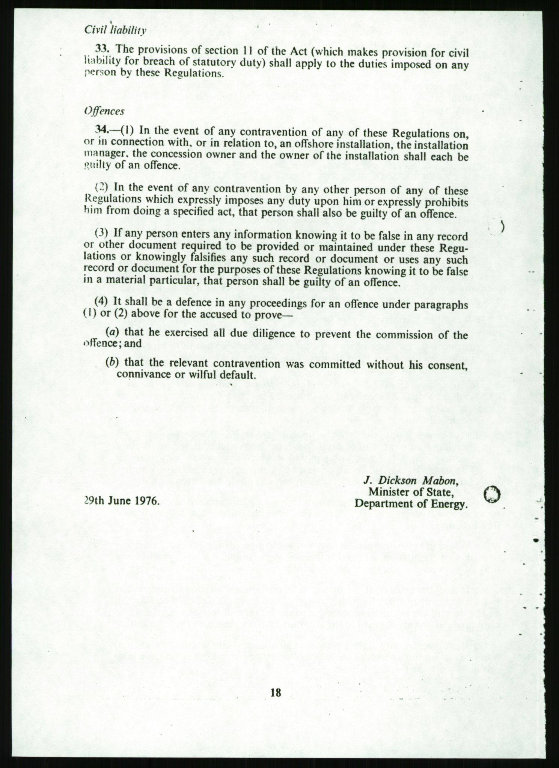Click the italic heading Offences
pos(104,111)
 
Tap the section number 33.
pos(101,49)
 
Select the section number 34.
pos(101,130)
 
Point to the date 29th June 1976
pos(122,501)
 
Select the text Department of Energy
pos(411,503)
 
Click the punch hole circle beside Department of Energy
pos(493,495)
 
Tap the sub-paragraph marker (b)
pos(110,362)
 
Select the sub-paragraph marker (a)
pos(110,333)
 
